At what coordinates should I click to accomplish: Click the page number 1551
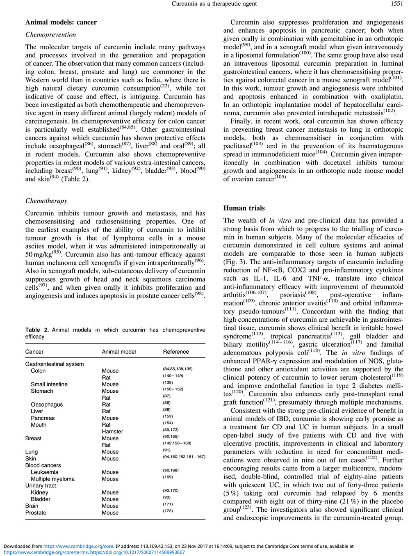tap(397, 4)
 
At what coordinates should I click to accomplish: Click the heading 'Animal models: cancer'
tap(61, 22)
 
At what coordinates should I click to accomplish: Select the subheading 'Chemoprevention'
tap(50, 34)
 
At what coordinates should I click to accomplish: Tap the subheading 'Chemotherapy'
tap(46, 201)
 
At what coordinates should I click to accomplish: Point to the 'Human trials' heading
tap(244, 208)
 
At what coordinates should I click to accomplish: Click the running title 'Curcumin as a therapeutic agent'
tap(214, 4)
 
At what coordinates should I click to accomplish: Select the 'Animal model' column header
tap(119, 352)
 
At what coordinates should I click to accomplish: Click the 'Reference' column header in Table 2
tap(176, 352)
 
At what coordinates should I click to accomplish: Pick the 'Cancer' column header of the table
tap(34, 352)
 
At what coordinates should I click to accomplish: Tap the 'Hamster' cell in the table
tap(112, 432)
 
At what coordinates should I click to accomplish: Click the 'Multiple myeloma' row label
tap(52, 479)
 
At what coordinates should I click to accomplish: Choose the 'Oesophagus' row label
tap(47, 405)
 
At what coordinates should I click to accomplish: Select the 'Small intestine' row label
tap(49, 384)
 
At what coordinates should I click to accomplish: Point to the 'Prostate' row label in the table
tap(36, 513)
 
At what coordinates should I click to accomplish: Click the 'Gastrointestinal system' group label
tap(55, 364)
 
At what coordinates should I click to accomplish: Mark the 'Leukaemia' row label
tap(45, 472)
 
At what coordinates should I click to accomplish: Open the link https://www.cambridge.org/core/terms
tap(46, 552)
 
